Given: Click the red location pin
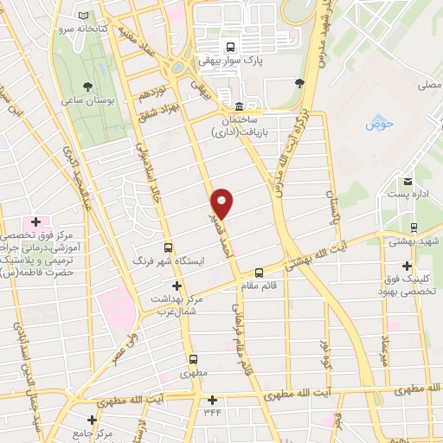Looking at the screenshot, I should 222,202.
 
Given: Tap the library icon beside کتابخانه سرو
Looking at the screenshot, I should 83,16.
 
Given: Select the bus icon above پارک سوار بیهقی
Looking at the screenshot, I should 230,48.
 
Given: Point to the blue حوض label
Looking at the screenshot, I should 380,123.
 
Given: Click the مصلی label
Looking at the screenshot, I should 430,86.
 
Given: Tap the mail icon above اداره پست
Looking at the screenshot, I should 408,183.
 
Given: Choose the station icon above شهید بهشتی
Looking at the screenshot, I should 414,227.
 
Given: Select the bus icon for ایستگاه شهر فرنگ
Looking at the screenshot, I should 168,245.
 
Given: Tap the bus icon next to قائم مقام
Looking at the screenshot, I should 260,270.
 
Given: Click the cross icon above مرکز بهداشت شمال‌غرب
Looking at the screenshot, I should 177,286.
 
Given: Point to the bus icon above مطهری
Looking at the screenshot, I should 192,360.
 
